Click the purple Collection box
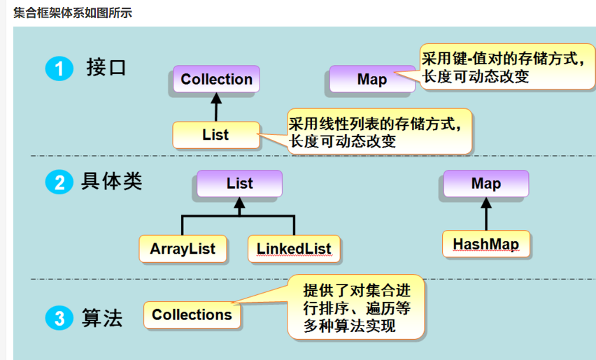[216, 80]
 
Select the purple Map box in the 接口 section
[371, 80]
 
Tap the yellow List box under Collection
[215, 134]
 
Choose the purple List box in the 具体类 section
[239, 184]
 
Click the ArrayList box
[183, 248]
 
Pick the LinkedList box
[293, 248]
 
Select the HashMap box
[485, 245]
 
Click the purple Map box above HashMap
[485, 184]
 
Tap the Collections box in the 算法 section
[192, 315]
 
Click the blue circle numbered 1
[59, 69]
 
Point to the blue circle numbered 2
[59, 183]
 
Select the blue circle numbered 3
[59, 319]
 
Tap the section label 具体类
[112, 182]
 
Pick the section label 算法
[102, 318]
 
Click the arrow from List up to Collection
[215, 107]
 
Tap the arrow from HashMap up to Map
[485, 214]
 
